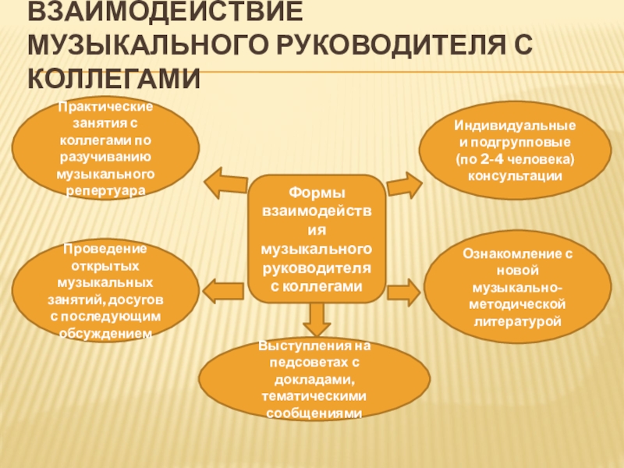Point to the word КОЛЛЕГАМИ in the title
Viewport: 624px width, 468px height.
pos(114,79)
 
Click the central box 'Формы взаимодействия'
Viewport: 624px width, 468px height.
pos(316,239)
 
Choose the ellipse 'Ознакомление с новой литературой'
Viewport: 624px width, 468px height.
pos(519,289)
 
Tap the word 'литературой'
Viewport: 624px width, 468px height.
pos(519,321)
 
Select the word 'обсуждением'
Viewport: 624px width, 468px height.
pos(106,333)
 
